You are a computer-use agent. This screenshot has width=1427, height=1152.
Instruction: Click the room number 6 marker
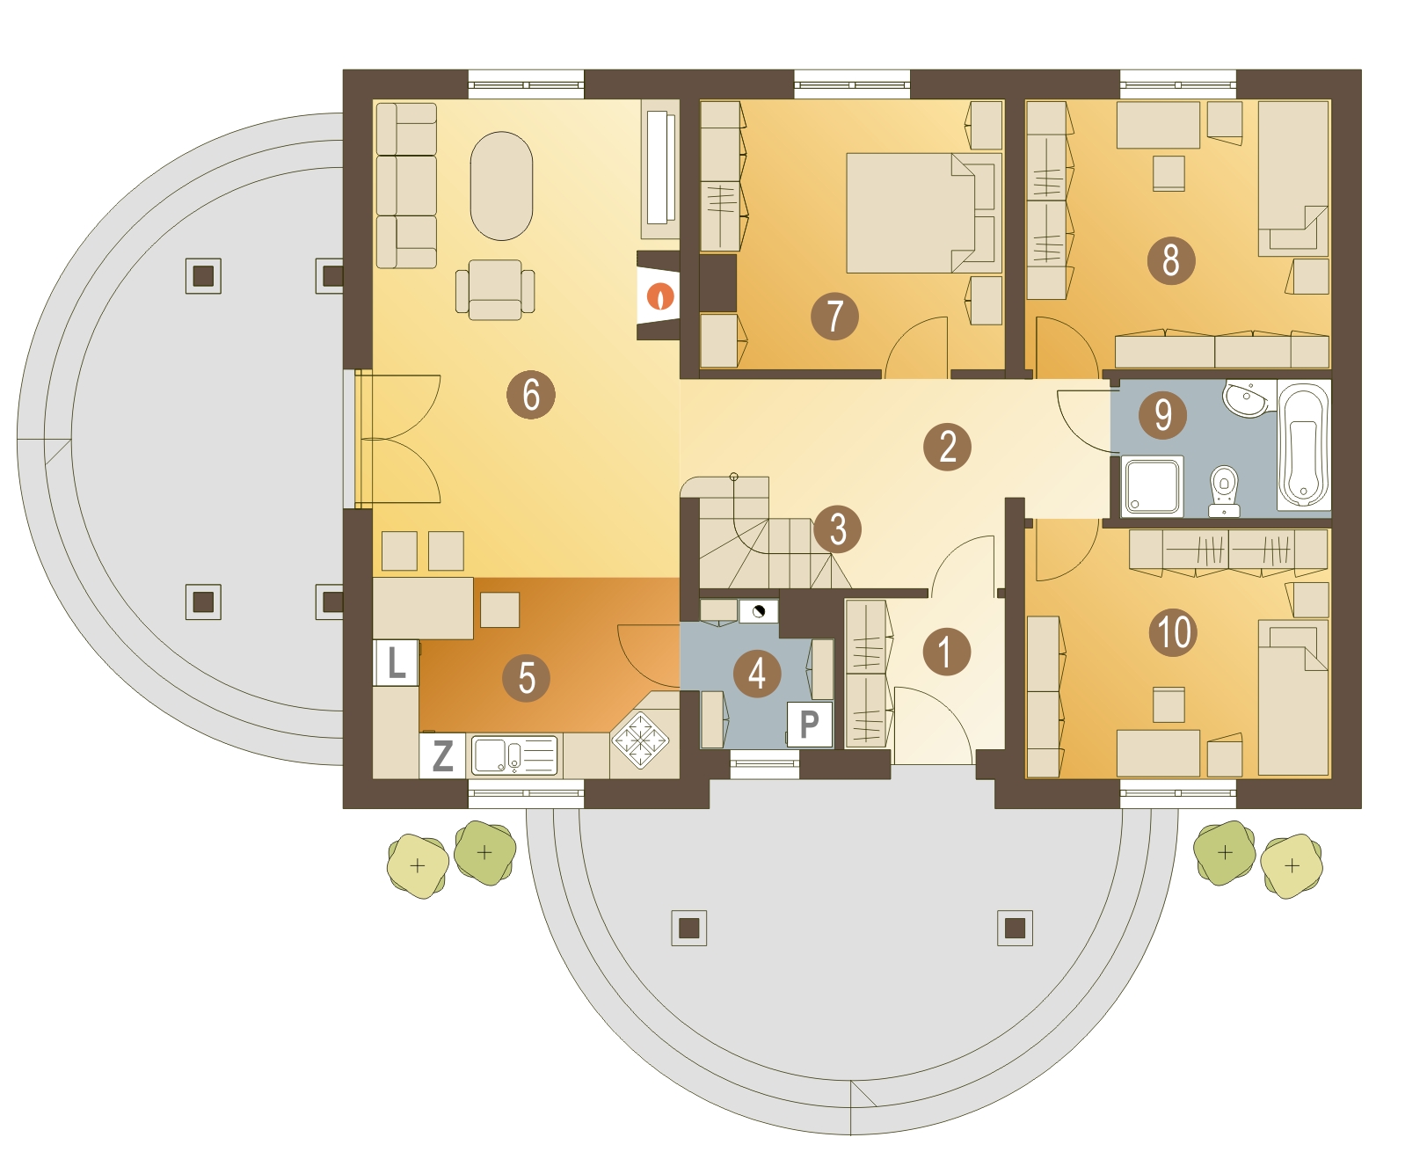pos(530,394)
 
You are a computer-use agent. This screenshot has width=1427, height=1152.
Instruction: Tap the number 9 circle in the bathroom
pos(1161,414)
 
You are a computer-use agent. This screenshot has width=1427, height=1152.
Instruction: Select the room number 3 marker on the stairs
pos(837,529)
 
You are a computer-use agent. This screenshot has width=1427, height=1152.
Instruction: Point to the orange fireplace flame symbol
pos(659,295)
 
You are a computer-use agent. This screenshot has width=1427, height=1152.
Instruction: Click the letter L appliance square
pos(396,662)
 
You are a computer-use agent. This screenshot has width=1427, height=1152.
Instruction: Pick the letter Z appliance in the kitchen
pos(441,755)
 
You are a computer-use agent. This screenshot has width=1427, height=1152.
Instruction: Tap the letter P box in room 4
pos(809,724)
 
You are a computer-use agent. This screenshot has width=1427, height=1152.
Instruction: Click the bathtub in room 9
pos(1302,445)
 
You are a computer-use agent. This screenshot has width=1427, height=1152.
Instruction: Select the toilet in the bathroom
pos(1223,491)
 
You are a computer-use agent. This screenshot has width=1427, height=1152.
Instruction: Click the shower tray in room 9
pos(1152,485)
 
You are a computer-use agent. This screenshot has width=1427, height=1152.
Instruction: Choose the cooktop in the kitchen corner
pos(640,740)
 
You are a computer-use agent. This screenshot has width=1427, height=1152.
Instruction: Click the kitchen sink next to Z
pos(513,755)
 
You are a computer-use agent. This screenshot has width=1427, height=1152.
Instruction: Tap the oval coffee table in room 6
pos(501,186)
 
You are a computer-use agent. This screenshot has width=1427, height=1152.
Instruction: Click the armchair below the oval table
pos(494,289)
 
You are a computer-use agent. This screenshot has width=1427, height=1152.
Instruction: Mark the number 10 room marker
pos(1172,631)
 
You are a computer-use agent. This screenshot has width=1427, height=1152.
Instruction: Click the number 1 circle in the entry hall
pos(946,651)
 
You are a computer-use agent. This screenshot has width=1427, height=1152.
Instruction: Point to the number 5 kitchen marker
pos(525,677)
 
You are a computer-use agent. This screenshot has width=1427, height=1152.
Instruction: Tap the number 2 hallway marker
pos(947,447)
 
